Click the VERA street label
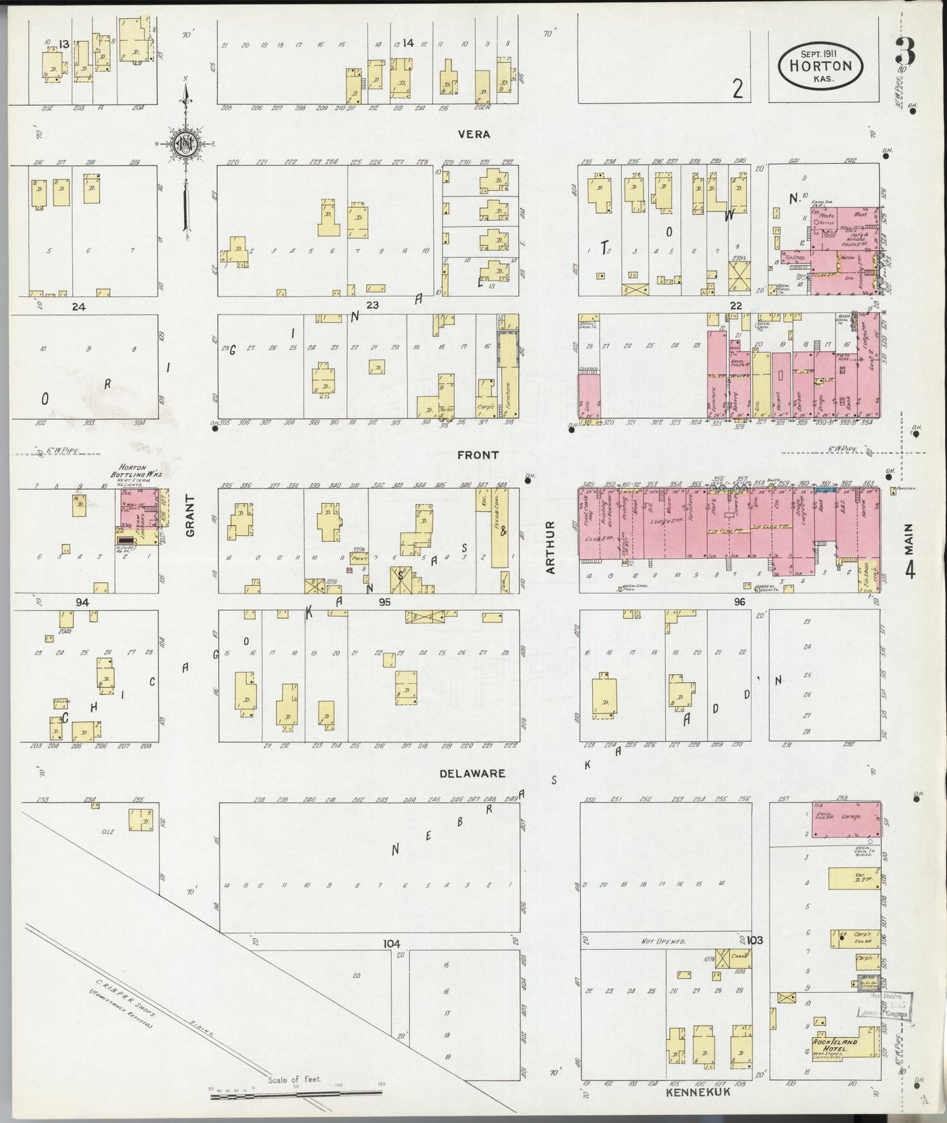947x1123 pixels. pyautogui.click(x=474, y=134)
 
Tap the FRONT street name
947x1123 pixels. pyautogui.click(x=478, y=455)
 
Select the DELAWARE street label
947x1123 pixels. pyautogui.click(x=472, y=773)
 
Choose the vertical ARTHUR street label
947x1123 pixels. pyautogui.click(x=551, y=547)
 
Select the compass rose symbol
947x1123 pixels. pyautogui.click(x=185, y=144)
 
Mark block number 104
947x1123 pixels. pyautogui.click(x=391, y=943)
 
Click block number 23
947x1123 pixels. pyautogui.click(x=372, y=305)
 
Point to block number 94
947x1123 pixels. pyautogui.click(x=82, y=601)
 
